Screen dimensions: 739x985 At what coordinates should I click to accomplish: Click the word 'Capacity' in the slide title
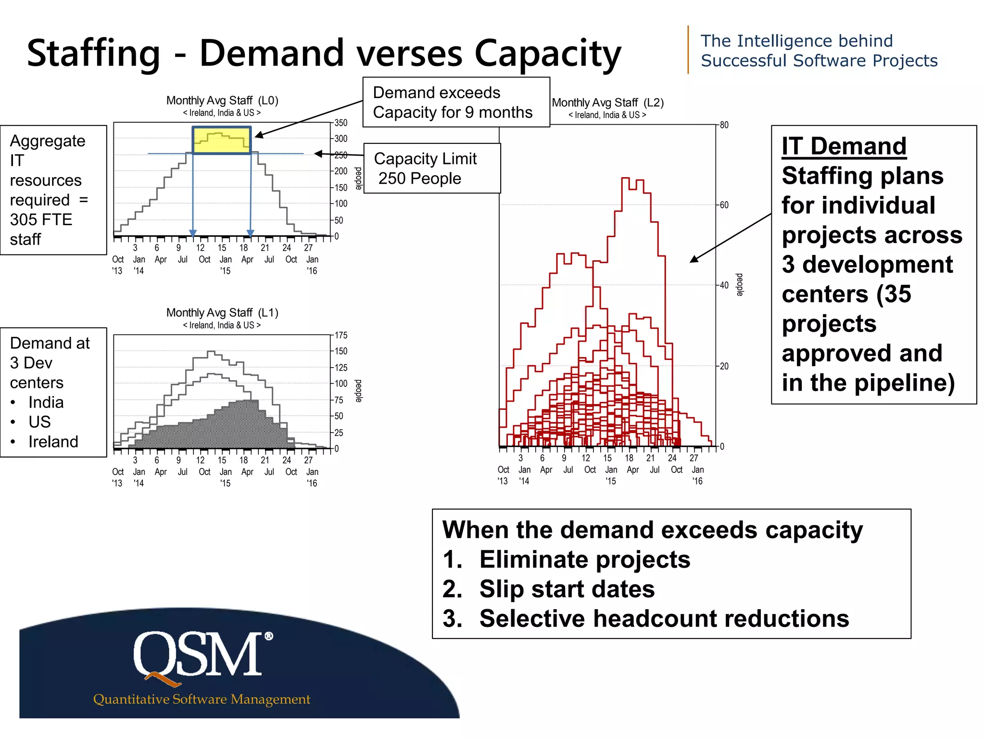pyautogui.click(x=547, y=54)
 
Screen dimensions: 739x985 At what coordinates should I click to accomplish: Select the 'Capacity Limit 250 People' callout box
pyautogui.click(x=432, y=168)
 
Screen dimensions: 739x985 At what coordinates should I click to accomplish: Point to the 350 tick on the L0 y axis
pyautogui.click(x=341, y=123)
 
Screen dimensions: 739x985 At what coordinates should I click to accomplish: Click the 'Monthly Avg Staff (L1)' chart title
pyautogui.click(x=222, y=313)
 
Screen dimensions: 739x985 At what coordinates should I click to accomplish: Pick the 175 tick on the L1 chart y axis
pyautogui.click(x=341, y=335)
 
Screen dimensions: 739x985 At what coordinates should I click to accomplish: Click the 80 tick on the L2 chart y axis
pyautogui.click(x=724, y=125)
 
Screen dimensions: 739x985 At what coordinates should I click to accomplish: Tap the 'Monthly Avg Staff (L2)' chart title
pyautogui.click(x=607, y=103)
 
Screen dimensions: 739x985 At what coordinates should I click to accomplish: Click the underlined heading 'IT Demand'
pyautogui.click(x=844, y=146)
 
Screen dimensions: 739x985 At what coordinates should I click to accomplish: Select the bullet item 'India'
pyautogui.click(x=46, y=402)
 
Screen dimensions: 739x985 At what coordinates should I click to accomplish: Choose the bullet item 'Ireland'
pyautogui.click(x=53, y=442)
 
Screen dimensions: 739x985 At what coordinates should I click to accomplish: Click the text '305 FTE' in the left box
pyautogui.click(x=41, y=220)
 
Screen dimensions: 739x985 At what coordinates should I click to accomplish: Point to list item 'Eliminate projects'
pyautogui.click(x=584, y=560)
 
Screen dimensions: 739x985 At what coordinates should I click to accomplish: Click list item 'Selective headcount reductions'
pyautogui.click(x=664, y=619)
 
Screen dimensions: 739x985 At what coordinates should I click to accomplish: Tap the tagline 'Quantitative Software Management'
pyautogui.click(x=202, y=699)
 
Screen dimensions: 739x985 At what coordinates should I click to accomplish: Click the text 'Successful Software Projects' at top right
pyautogui.click(x=819, y=61)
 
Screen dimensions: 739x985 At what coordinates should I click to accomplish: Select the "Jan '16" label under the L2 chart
pyautogui.click(x=697, y=475)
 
